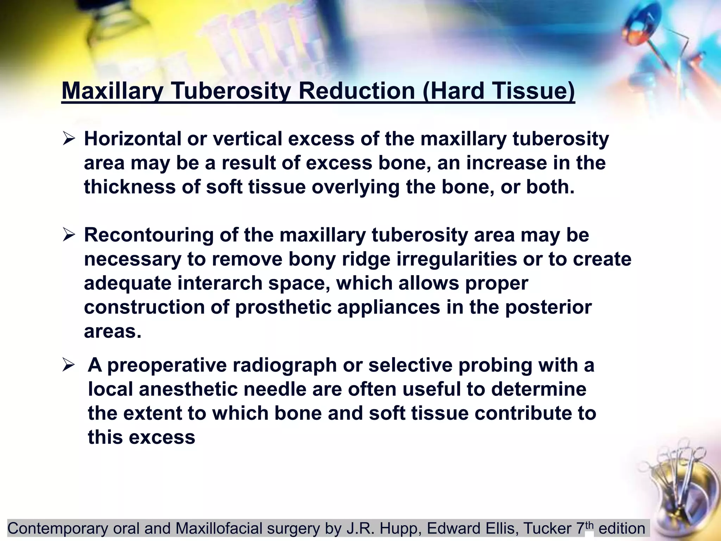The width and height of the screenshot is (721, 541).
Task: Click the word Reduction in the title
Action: pos(357,91)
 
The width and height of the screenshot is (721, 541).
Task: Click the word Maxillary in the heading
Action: pos(112,91)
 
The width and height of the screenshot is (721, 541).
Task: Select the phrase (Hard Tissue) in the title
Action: pos(498,91)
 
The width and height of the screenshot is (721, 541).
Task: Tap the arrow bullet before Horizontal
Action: pos(69,139)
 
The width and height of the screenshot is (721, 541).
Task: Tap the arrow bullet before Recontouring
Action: pos(69,235)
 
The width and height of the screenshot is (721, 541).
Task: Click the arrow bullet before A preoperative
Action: pos(69,365)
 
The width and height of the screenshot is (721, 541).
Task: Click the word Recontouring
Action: pos(149,235)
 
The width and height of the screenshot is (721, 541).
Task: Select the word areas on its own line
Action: pos(112,331)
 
